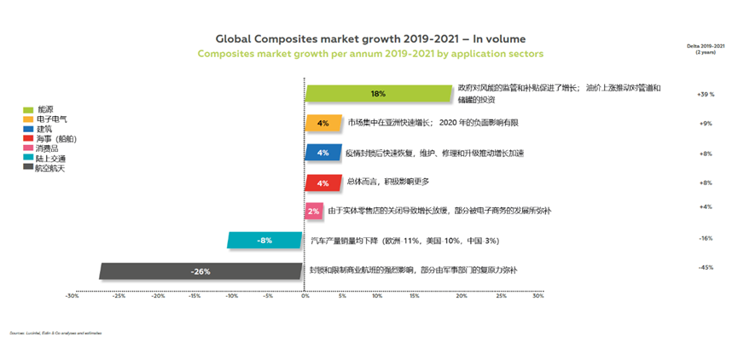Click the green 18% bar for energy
(379, 93)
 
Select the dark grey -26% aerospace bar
(201, 271)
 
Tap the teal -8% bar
(265, 241)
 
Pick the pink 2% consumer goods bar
(313, 211)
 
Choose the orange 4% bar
(323, 123)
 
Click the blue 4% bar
(323, 153)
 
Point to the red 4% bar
(323, 183)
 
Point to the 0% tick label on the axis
(305, 297)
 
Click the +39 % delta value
(705, 94)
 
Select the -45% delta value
(706, 268)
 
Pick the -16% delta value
(706, 239)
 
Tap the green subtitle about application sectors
(370, 53)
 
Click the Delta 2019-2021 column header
(705, 47)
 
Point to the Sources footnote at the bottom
(55, 333)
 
